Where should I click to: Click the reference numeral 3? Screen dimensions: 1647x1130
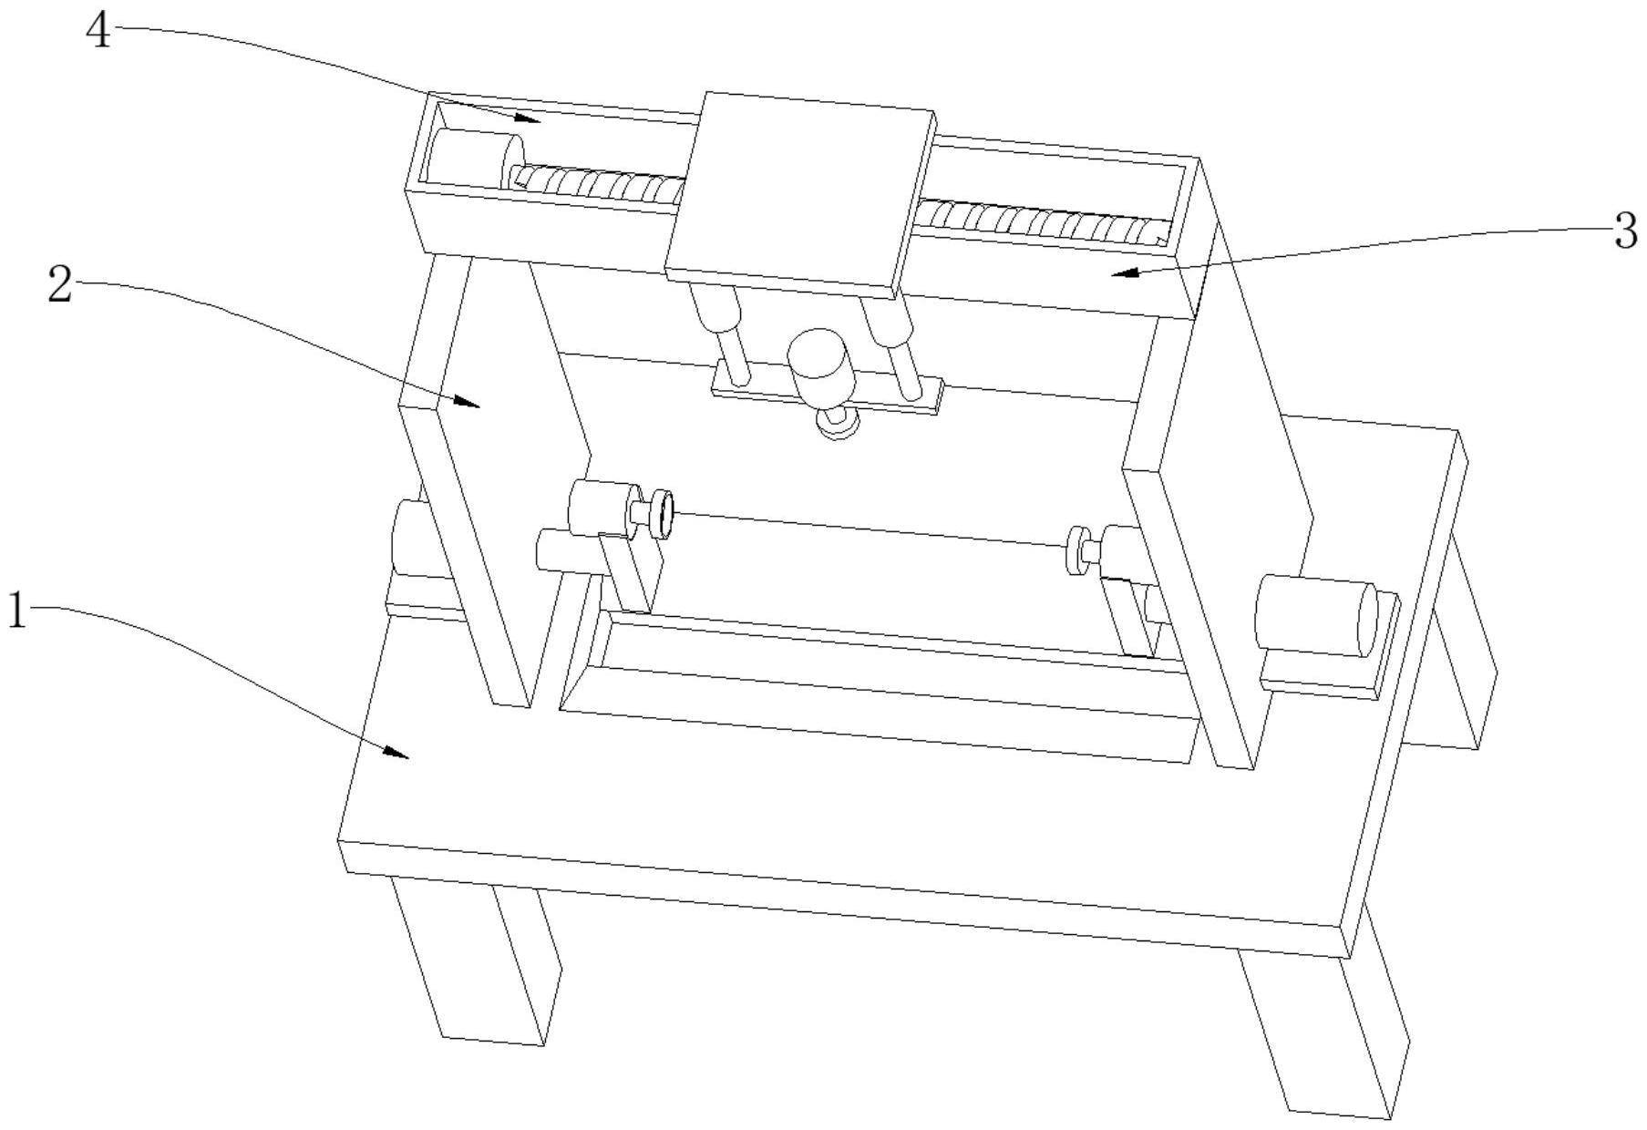click(x=1625, y=231)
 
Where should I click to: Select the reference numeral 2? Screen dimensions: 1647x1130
click(x=60, y=286)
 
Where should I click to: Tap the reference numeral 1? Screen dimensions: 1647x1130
click(x=17, y=611)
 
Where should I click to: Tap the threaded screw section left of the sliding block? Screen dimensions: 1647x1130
click(x=597, y=183)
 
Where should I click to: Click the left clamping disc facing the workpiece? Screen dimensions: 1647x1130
click(x=664, y=514)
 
